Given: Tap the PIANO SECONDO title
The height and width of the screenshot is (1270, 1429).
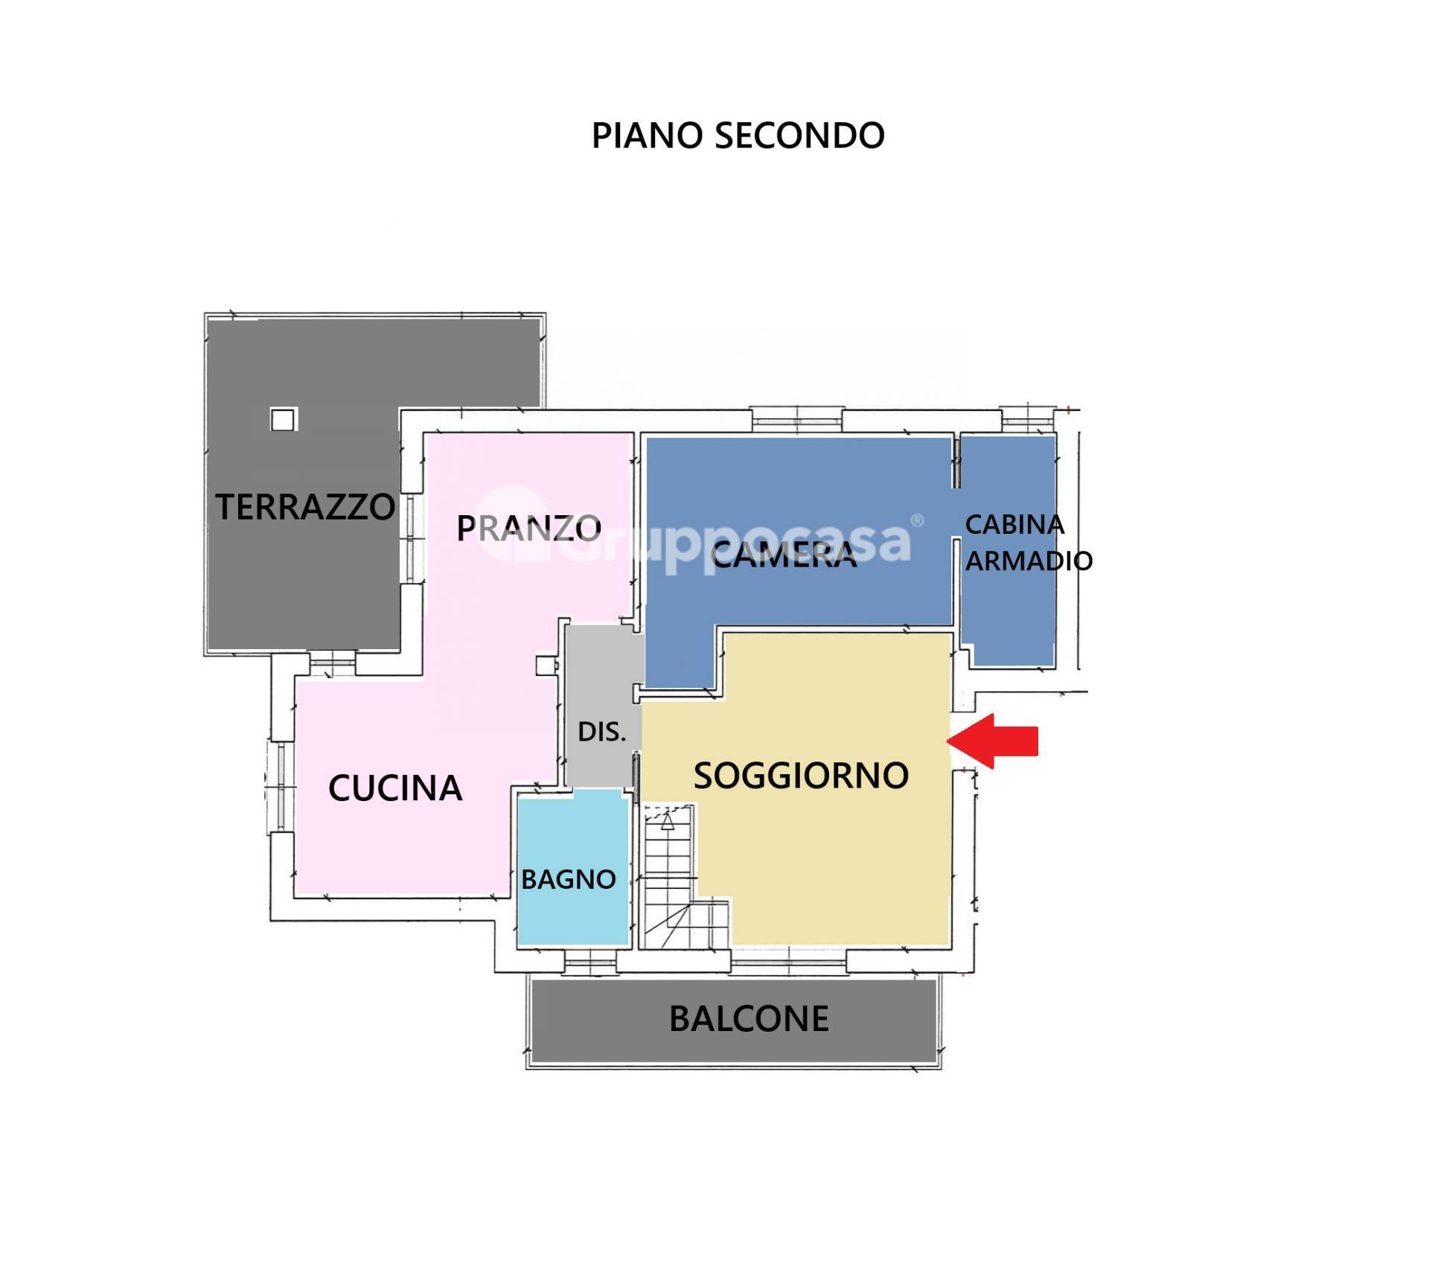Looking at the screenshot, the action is click(x=738, y=135).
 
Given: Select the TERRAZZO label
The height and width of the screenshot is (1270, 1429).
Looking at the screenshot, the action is click(x=305, y=507).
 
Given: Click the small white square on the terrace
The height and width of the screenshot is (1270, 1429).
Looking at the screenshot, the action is click(x=283, y=420).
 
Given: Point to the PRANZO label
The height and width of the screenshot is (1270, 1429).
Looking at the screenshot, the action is click(x=528, y=529).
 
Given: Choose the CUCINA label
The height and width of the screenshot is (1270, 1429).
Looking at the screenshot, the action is click(x=395, y=788).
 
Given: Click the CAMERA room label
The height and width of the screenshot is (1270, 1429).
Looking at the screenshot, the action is click(x=784, y=555).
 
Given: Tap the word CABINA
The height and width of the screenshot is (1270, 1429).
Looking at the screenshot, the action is click(x=1014, y=525).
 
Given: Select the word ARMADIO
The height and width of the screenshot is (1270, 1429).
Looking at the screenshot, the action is click(x=1029, y=561).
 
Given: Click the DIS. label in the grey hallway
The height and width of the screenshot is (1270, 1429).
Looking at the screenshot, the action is click(x=602, y=732).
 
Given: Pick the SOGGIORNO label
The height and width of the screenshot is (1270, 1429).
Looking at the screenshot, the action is click(x=801, y=776).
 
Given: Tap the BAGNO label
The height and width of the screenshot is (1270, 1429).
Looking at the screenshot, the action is click(x=569, y=879).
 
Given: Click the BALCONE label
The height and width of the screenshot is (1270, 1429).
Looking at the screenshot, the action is click(x=749, y=1019).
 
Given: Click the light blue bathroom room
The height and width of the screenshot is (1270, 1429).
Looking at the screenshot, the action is click(x=573, y=867).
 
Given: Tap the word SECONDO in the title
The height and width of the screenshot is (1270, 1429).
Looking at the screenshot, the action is click(x=799, y=135).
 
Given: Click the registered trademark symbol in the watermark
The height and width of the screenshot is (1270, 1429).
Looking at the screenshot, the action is click(x=917, y=521).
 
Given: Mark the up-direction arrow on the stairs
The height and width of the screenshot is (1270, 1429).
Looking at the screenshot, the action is click(x=668, y=821).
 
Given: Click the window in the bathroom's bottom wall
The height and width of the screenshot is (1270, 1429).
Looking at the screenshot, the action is click(x=590, y=962).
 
